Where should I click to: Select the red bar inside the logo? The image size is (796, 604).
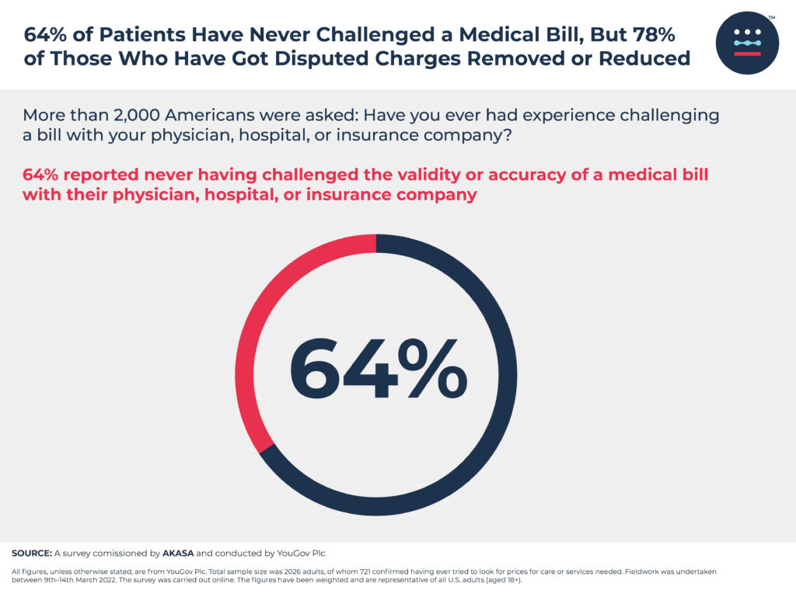point(747,54)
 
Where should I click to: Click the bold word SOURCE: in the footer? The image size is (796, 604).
point(31,554)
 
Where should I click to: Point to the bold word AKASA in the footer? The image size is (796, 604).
point(178,554)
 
